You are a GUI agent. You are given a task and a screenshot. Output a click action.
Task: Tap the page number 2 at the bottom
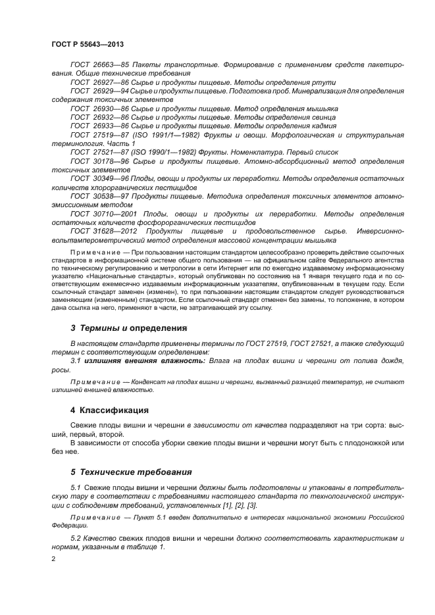tap(53, 559)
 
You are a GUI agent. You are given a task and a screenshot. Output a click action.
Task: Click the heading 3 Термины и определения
tap(128, 328)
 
